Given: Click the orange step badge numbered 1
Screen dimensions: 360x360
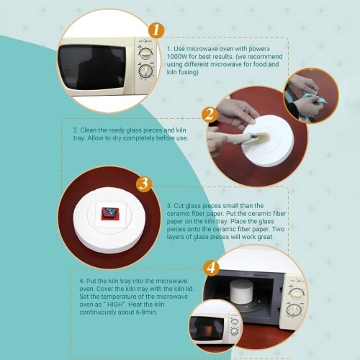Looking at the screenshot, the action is coord(156,30).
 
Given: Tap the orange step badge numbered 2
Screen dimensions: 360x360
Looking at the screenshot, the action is coord(210,114).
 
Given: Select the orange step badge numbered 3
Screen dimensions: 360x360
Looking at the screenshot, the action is coord(144,184).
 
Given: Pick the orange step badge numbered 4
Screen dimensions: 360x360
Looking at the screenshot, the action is coord(211,267).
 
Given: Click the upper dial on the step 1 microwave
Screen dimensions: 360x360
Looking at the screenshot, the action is coord(145,53).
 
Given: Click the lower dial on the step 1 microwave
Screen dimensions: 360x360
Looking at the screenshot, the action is coord(145,71).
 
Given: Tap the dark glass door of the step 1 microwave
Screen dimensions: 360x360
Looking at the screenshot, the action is coord(92,67).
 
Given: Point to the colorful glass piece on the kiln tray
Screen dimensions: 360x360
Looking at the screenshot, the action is coord(109,213).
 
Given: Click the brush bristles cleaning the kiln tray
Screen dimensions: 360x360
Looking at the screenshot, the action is coord(262,138).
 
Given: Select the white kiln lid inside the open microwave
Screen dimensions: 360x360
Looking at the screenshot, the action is coord(240,291).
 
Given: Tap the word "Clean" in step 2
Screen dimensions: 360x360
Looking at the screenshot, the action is coord(88,130).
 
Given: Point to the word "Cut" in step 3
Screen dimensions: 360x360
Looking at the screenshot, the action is coord(179,206).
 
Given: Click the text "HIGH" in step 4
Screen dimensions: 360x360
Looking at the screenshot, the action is coord(115,305).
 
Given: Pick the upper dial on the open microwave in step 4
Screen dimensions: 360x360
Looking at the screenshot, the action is coord(296,293).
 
